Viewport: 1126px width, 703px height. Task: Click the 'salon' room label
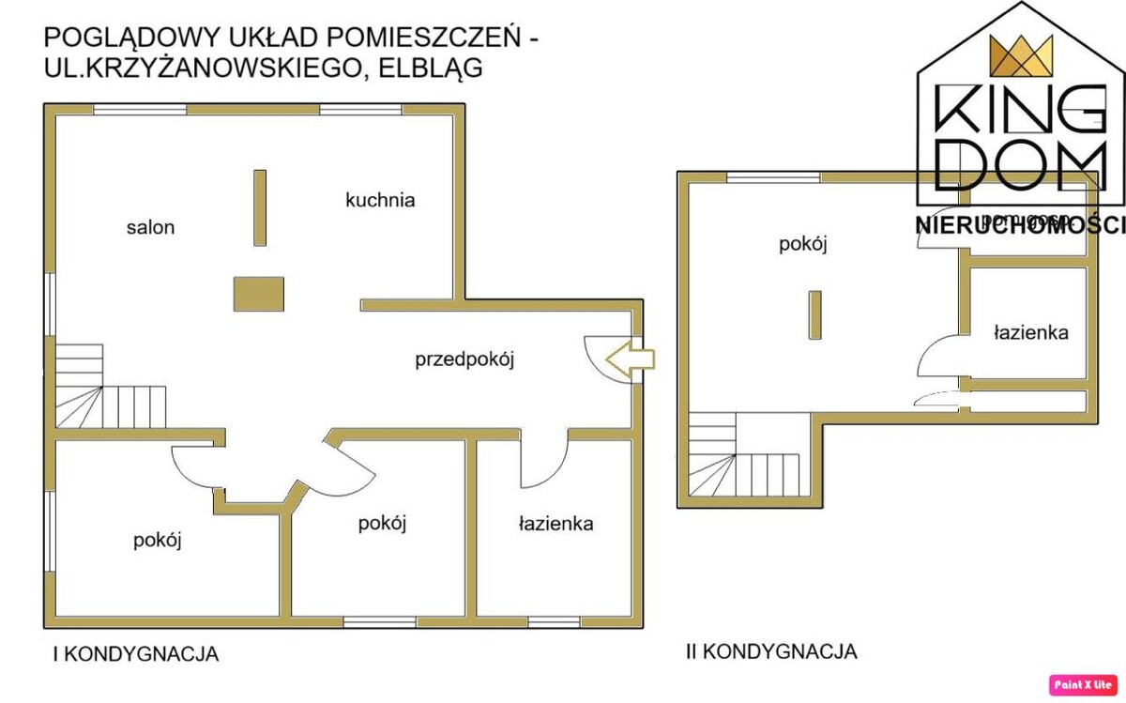(150, 227)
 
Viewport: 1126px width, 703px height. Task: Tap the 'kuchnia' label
(380, 200)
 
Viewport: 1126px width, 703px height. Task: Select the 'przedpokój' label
(466, 359)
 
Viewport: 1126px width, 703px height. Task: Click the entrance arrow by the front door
(631, 359)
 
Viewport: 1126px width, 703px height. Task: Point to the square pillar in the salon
(259, 293)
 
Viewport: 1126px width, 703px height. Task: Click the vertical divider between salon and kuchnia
(260, 207)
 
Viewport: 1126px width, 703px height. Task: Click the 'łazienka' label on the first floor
(555, 524)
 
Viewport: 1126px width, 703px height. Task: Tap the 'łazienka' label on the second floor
(1029, 332)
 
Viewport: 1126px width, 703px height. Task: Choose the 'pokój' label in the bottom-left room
(157, 541)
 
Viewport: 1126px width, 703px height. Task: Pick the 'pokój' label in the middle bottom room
(382, 524)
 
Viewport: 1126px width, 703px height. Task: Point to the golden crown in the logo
(1019, 59)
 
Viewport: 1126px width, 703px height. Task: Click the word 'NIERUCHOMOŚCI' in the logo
(1019, 224)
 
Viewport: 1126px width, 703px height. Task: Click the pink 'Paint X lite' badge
(1084, 684)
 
